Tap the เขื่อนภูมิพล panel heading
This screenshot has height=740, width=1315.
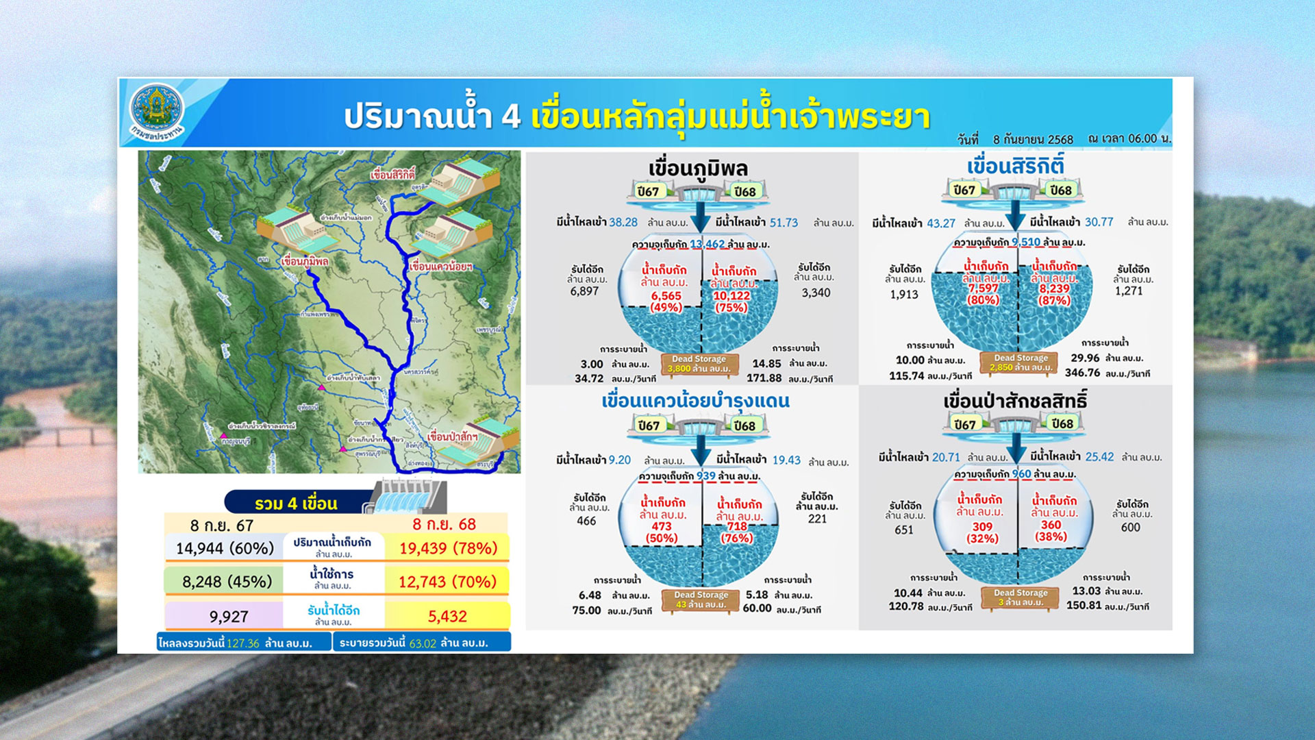698,168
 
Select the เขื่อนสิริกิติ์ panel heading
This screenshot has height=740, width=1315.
1015,166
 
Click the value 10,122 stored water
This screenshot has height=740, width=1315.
731,296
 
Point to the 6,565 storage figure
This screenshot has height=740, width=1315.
666,296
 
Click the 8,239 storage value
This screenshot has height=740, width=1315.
1054,289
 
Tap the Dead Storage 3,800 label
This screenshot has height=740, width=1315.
699,364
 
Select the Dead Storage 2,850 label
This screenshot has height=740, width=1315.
1020,362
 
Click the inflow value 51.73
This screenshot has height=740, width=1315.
784,223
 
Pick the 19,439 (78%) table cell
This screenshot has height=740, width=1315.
448,548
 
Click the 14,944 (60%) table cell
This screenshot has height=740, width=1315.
225,548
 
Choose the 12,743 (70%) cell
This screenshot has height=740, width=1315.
447,582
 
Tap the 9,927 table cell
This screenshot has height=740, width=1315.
229,616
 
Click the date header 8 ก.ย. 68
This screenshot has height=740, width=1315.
444,525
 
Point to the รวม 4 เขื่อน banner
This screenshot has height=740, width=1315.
296,504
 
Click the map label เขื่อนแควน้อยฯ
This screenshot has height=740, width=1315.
440,267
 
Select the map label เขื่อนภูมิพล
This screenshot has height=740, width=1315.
305,261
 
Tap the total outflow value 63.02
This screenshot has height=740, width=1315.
423,643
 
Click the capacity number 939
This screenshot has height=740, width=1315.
705,476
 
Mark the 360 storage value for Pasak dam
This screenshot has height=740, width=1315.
1051,525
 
